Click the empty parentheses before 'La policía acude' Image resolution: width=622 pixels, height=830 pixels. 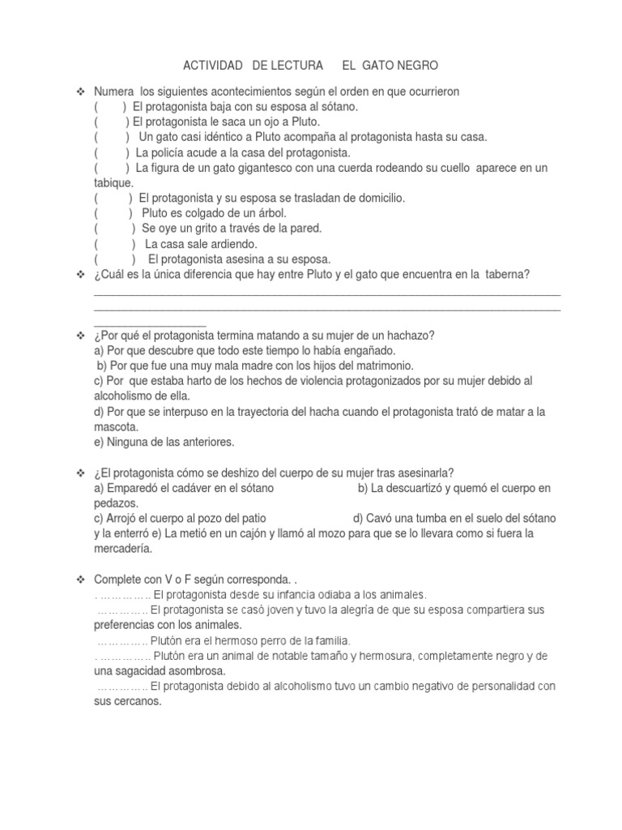click(112, 152)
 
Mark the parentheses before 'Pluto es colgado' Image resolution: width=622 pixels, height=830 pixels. click(113, 213)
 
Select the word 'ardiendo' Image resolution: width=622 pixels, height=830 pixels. click(233, 244)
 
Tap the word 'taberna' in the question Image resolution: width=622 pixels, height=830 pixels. click(508, 275)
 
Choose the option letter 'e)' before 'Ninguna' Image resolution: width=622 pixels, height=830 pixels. click(100, 443)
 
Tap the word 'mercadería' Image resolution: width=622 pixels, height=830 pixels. click(123, 550)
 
